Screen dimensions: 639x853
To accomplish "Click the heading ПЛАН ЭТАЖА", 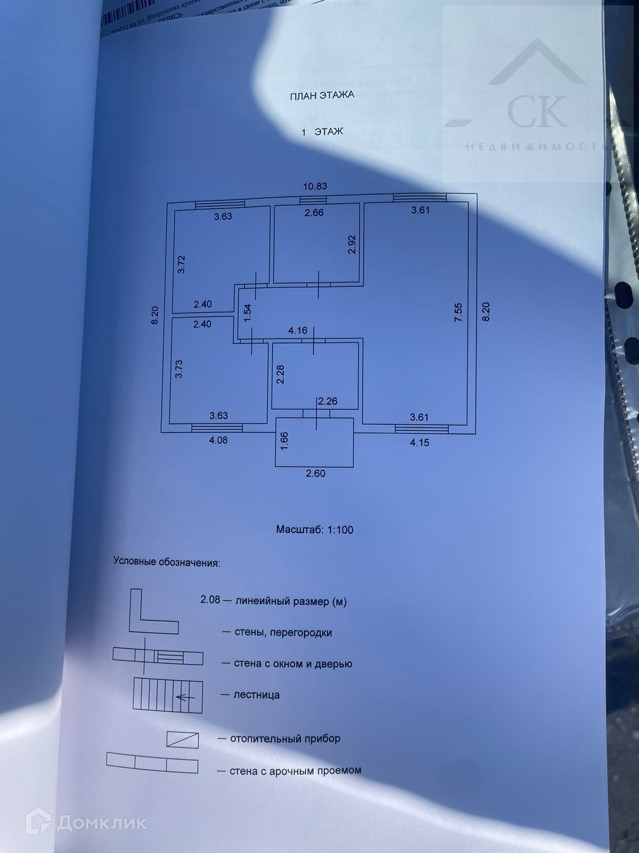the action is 322,96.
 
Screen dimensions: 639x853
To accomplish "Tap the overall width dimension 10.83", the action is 315,187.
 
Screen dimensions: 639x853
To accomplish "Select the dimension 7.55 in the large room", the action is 458,312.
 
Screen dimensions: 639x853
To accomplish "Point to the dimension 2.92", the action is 352,244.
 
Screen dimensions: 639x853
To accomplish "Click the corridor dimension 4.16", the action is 298,331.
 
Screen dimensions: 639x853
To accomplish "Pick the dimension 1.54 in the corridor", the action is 247,312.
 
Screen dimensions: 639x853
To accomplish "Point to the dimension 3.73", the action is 179,369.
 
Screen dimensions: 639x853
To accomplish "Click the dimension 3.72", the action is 181,264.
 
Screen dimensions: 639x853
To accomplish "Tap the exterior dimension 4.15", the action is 419,442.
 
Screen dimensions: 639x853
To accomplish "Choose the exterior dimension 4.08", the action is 218,440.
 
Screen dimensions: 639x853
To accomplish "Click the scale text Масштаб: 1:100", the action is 315,530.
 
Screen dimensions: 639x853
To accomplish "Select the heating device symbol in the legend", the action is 182,740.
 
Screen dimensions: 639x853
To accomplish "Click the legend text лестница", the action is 257,695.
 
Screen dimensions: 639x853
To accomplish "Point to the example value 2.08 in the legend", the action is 210,599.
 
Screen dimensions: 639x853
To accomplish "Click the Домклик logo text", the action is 101,823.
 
